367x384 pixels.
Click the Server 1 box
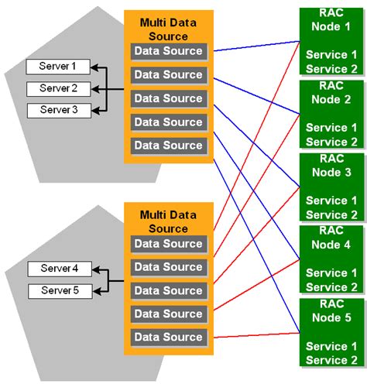(x=58, y=67)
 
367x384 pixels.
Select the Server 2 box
(x=58, y=88)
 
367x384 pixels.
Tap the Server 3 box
(x=58, y=110)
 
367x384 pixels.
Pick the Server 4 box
(x=59, y=269)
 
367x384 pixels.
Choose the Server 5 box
(x=59, y=291)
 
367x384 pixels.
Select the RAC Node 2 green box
(x=331, y=113)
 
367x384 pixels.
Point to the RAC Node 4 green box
(x=331, y=259)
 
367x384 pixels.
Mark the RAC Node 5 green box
(x=331, y=331)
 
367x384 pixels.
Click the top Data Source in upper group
(x=168, y=52)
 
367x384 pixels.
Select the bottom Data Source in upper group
(x=168, y=146)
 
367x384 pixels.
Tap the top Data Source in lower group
(x=168, y=244)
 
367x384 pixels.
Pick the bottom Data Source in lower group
(x=168, y=338)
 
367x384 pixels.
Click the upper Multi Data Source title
(x=168, y=29)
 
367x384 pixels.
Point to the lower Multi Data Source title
(x=168, y=221)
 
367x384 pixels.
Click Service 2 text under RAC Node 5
(x=331, y=360)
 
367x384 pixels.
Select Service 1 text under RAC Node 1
(x=331, y=55)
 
